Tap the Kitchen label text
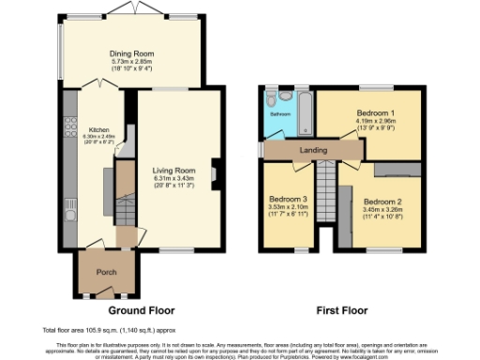tap(99, 129)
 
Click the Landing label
tap(312, 149)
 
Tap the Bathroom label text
tap(280, 114)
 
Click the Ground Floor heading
tap(139, 309)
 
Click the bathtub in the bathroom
tap(303, 111)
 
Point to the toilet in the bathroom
tap(271, 96)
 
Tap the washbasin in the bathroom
tap(286, 96)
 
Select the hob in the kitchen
tap(69, 122)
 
